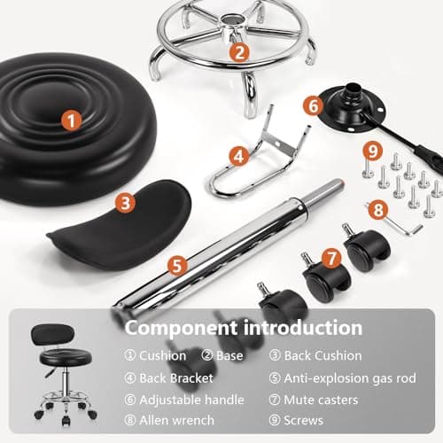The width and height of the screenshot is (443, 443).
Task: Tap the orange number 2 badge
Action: coord(237,51)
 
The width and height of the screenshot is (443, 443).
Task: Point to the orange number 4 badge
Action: coord(237,156)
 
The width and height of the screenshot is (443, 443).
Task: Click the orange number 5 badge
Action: coord(177,264)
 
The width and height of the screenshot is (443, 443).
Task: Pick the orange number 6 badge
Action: coord(311,105)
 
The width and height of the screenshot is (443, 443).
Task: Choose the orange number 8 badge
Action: coord(377,210)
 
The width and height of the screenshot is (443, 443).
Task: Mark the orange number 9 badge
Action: coord(373,149)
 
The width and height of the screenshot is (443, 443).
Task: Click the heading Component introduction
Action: coord(243,328)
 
